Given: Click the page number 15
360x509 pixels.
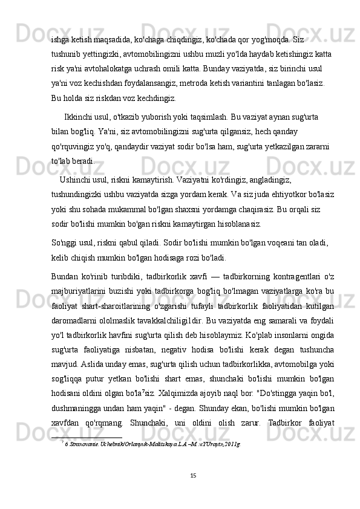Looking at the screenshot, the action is click(x=192, y=491).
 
